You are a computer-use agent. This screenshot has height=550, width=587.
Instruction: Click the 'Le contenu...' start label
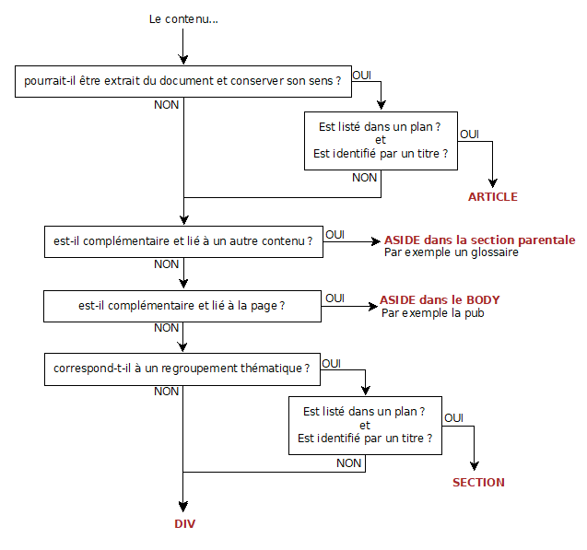(x=183, y=19)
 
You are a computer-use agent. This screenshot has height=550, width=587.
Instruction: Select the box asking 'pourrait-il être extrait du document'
(x=183, y=81)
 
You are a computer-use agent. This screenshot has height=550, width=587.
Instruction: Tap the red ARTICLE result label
(x=492, y=196)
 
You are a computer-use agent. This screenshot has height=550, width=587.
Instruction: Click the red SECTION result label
(x=478, y=482)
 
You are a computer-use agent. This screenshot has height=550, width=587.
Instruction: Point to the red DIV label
(x=185, y=523)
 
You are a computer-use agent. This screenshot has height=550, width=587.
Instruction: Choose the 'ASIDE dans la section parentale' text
(x=479, y=239)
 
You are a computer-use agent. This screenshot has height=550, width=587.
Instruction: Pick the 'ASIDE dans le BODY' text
(x=440, y=300)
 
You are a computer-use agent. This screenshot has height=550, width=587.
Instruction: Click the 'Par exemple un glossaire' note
(x=452, y=252)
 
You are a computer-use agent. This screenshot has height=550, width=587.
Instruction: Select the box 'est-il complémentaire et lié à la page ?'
(x=182, y=306)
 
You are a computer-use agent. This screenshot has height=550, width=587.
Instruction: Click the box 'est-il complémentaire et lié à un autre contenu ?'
(x=182, y=242)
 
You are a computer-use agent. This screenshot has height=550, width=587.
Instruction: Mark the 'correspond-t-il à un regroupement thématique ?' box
(x=182, y=369)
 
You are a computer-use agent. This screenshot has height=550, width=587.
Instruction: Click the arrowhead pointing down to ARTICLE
(x=493, y=181)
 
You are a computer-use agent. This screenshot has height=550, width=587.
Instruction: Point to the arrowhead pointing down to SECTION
(x=476, y=466)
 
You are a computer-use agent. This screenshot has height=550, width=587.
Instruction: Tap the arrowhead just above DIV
(x=183, y=506)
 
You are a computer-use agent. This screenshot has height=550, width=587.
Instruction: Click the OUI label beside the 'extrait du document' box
(x=362, y=74)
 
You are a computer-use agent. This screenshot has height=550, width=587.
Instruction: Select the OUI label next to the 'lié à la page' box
(x=335, y=298)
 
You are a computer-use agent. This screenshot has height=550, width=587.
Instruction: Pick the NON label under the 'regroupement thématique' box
(x=167, y=392)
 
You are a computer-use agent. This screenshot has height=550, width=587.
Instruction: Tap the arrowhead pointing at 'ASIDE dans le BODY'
(x=371, y=306)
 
